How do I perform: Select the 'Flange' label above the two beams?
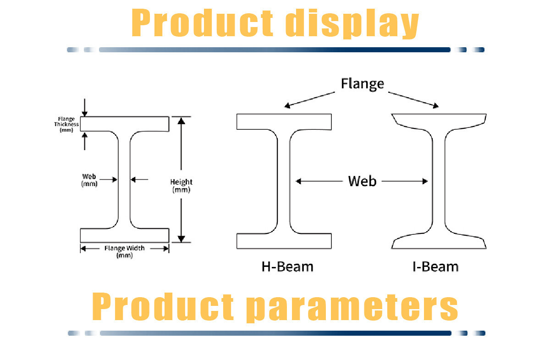click(362, 84)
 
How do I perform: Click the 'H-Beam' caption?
click(287, 266)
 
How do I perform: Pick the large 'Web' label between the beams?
click(362, 181)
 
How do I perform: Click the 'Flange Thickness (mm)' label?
click(66, 124)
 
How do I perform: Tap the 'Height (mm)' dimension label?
click(181, 185)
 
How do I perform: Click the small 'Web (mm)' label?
click(89, 180)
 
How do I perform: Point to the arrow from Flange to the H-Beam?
click(310, 100)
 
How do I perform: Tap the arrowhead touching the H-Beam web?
click(298, 181)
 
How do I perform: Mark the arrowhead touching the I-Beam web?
click(425, 181)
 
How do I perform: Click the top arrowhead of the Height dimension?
click(181, 121)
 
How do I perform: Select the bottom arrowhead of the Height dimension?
click(181, 238)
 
